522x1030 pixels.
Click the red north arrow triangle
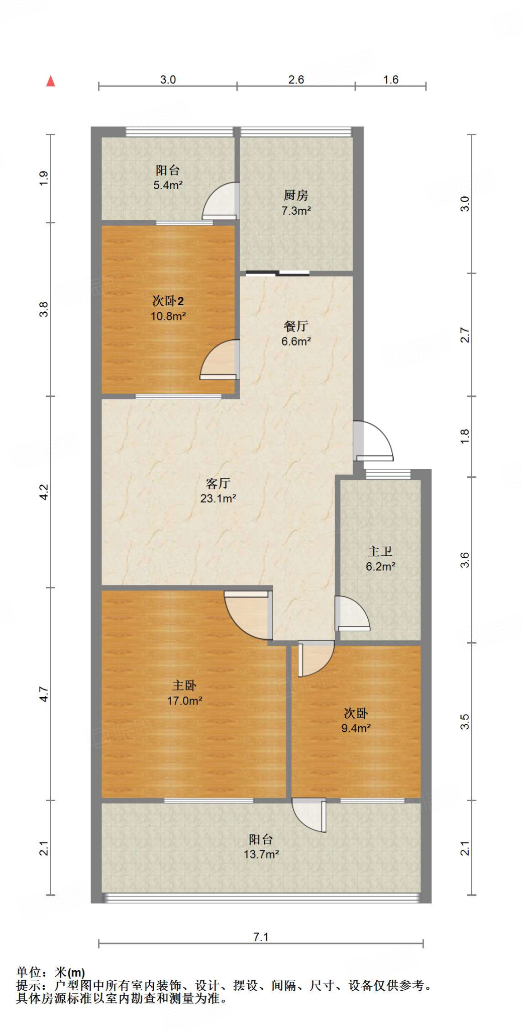(50, 81)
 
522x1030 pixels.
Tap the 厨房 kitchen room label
(295, 195)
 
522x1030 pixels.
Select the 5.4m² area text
(168, 185)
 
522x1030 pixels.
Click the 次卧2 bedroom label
(168, 301)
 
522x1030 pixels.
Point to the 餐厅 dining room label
(295, 326)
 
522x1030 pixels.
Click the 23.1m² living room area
(218, 498)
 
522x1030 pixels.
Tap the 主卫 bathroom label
(380, 551)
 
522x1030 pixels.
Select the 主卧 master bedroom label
(184, 685)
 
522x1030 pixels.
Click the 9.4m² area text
(356, 728)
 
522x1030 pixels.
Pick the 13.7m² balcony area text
(261, 854)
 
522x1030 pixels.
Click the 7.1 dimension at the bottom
(261, 936)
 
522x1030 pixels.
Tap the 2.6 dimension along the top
(296, 79)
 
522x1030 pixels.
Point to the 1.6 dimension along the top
(390, 79)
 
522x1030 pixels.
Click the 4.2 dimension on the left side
(44, 491)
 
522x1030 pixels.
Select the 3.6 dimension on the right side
(465, 560)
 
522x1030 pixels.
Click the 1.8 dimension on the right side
(465, 436)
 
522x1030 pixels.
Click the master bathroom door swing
(351, 614)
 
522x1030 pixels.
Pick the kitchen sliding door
(278, 274)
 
